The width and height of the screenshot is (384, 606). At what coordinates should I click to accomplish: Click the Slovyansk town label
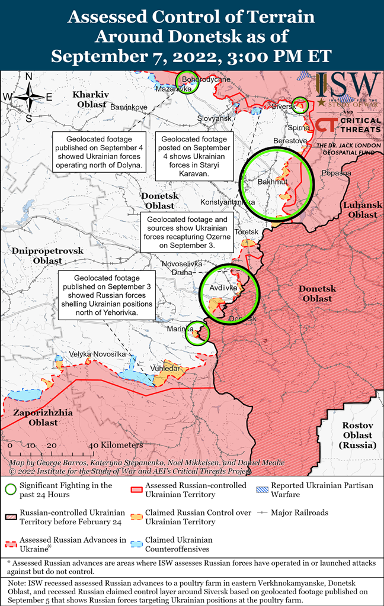[214, 118]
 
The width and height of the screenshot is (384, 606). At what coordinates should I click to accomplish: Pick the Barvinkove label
[129, 107]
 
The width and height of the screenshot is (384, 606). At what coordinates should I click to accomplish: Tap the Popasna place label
[336, 173]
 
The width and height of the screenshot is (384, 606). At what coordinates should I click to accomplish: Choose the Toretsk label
[247, 231]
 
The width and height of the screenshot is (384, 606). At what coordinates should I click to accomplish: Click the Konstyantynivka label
[228, 202]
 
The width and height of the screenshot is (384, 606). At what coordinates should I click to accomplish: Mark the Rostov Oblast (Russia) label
[358, 436]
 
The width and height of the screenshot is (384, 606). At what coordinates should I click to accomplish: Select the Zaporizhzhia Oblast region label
[36, 417]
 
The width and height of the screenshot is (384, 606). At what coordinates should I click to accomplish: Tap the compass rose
[28, 96]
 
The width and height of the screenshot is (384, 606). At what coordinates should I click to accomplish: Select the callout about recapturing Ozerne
[187, 231]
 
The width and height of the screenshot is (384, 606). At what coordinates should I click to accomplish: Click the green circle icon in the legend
[9, 489]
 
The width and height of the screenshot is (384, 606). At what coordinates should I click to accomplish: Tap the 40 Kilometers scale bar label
[116, 445]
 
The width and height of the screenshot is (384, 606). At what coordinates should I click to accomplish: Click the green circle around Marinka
[196, 333]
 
